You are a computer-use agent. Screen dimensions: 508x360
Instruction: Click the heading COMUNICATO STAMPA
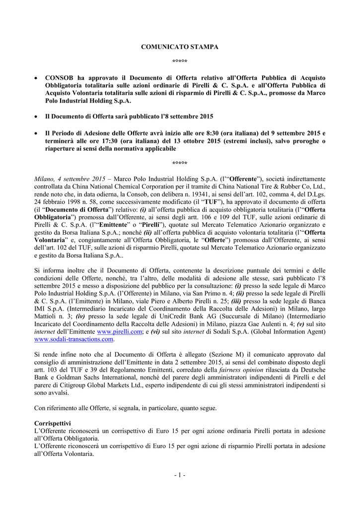(180, 47)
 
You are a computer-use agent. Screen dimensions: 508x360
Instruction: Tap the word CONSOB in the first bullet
(60, 78)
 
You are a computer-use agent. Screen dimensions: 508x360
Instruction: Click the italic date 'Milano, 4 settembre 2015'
(70, 179)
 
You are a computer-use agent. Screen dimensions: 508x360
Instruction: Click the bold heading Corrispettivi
(52, 424)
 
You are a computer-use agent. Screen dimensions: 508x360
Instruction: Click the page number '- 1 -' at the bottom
(180, 475)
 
